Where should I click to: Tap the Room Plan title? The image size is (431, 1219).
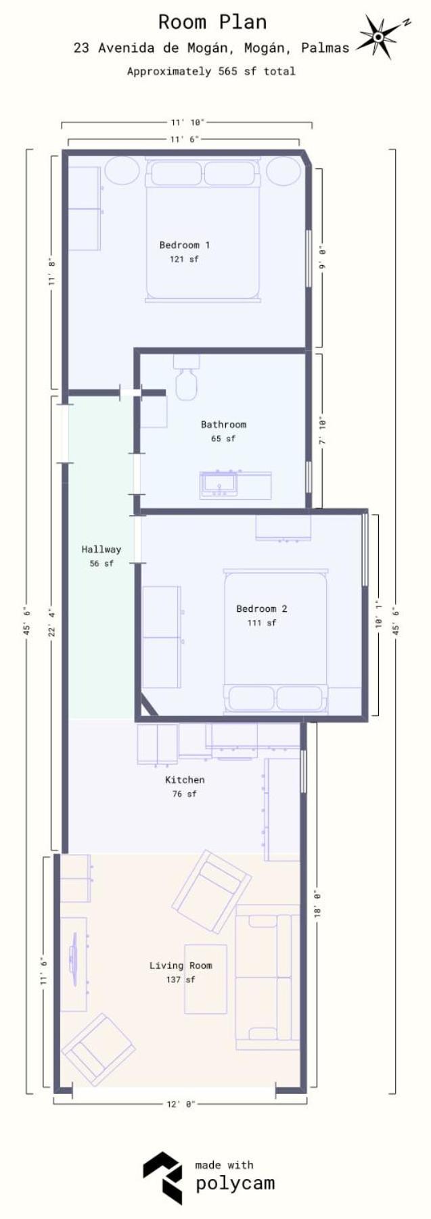click(x=212, y=22)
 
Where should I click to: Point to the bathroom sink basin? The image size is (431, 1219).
click(x=219, y=483)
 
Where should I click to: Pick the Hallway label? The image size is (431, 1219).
click(x=101, y=549)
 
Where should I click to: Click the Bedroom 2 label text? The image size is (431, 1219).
click(x=262, y=608)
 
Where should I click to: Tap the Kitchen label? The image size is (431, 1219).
click(x=185, y=780)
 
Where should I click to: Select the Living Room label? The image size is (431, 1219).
click(x=181, y=965)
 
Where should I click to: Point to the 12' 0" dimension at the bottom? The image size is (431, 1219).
click(x=181, y=1104)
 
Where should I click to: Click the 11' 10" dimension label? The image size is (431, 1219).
click(x=187, y=122)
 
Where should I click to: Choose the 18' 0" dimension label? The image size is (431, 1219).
click(x=317, y=903)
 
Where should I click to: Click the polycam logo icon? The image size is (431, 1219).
click(x=162, y=1178)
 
